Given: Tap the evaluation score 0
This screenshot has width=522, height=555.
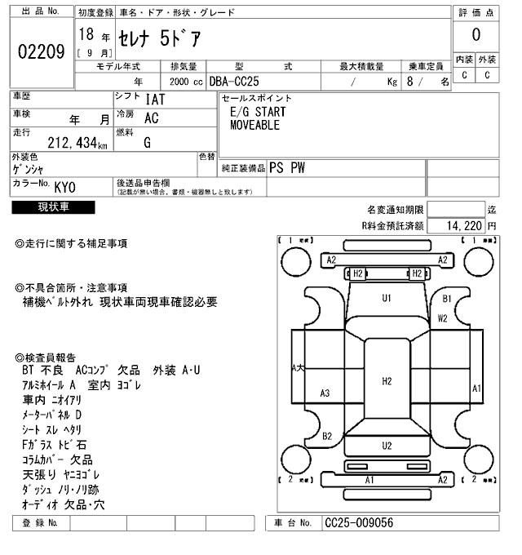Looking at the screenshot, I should (x=476, y=35).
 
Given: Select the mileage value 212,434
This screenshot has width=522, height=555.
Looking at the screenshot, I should (x=60, y=144).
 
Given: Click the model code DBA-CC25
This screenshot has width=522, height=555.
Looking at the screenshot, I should (x=237, y=82).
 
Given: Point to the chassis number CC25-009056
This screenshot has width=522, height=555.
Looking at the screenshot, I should (x=360, y=522).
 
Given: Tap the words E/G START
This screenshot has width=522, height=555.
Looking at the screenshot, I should (x=258, y=112).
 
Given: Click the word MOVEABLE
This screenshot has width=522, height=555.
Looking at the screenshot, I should (x=254, y=126).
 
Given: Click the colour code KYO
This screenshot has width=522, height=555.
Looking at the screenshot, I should (x=66, y=186).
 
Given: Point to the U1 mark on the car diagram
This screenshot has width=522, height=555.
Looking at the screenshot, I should (x=387, y=298).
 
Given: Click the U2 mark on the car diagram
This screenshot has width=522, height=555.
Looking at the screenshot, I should (x=387, y=445).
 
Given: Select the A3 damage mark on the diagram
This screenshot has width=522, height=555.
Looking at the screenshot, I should (x=325, y=393).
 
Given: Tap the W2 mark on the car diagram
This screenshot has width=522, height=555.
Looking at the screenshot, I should (x=442, y=318).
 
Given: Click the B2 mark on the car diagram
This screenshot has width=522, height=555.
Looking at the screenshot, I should (x=326, y=436).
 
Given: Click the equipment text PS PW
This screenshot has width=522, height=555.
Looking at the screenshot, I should (x=294, y=167).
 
